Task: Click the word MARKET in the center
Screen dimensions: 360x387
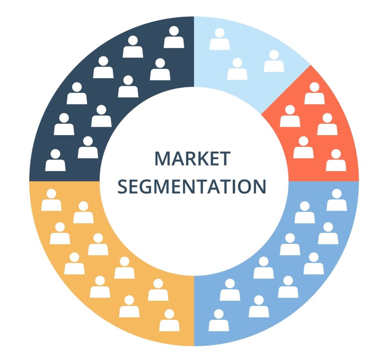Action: click(x=192, y=158)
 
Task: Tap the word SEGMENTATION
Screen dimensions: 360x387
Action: click(x=192, y=186)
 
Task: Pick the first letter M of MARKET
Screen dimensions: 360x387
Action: click(x=162, y=158)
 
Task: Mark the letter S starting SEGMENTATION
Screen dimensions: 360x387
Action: click(x=123, y=186)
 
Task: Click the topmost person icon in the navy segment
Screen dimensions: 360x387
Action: click(x=174, y=37)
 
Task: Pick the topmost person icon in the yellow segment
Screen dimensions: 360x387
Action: click(x=51, y=201)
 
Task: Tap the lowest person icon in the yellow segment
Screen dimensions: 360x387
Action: click(x=169, y=321)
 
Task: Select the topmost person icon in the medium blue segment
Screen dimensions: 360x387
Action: click(x=336, y=201)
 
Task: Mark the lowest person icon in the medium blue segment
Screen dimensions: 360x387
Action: click(x=218, y=321)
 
